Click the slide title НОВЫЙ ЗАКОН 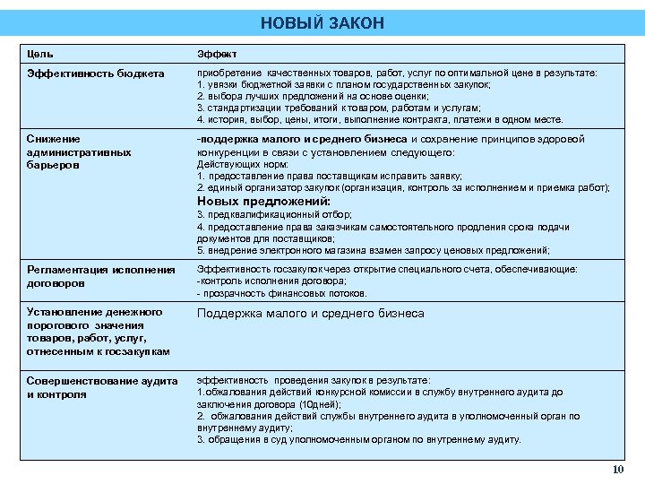coord(322,22)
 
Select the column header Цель coord(40,54)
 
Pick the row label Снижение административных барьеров coord(79,152)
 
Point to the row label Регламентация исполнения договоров coord(101,276)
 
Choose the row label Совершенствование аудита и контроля coord(102,387)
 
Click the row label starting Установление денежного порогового coord(98,332)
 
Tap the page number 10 coord(616,471)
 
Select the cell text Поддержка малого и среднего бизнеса coord(310,314)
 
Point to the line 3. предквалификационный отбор coord(274,215)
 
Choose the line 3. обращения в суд coord(358,440)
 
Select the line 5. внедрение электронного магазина coord(373,250)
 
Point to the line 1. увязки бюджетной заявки coord(343,84)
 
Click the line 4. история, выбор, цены coord(380,119)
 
